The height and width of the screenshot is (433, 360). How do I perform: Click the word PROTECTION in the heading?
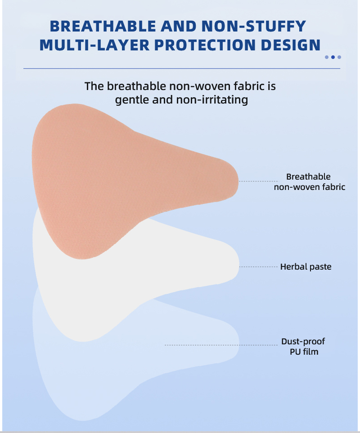point(209,45)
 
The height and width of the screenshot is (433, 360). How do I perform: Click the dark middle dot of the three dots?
point(333,57)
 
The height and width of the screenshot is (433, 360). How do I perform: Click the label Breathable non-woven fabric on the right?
point(309,181)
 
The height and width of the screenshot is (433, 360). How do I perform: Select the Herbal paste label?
point(306,267)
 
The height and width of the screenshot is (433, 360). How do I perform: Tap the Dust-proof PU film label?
point(303,346)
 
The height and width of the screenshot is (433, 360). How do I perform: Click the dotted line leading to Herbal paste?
point(258,267)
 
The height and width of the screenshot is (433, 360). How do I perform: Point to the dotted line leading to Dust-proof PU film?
point(220,345)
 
